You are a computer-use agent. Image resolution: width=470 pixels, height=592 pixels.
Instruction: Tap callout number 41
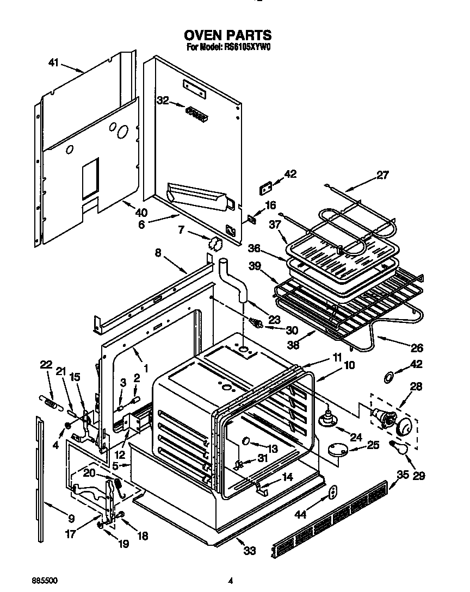click(53, 63)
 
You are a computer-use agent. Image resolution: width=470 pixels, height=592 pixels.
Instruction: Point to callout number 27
click(382, 176)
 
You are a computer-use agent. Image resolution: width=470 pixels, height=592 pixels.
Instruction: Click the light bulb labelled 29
click(399, 447)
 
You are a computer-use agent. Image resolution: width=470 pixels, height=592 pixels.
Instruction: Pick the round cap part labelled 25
click(337, 449)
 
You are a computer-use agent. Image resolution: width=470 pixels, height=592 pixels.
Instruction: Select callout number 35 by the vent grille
click(403, 474)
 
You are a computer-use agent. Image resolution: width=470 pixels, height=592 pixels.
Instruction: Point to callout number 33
click(249, 551)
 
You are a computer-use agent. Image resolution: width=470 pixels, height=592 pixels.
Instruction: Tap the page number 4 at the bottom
click(231, 581)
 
